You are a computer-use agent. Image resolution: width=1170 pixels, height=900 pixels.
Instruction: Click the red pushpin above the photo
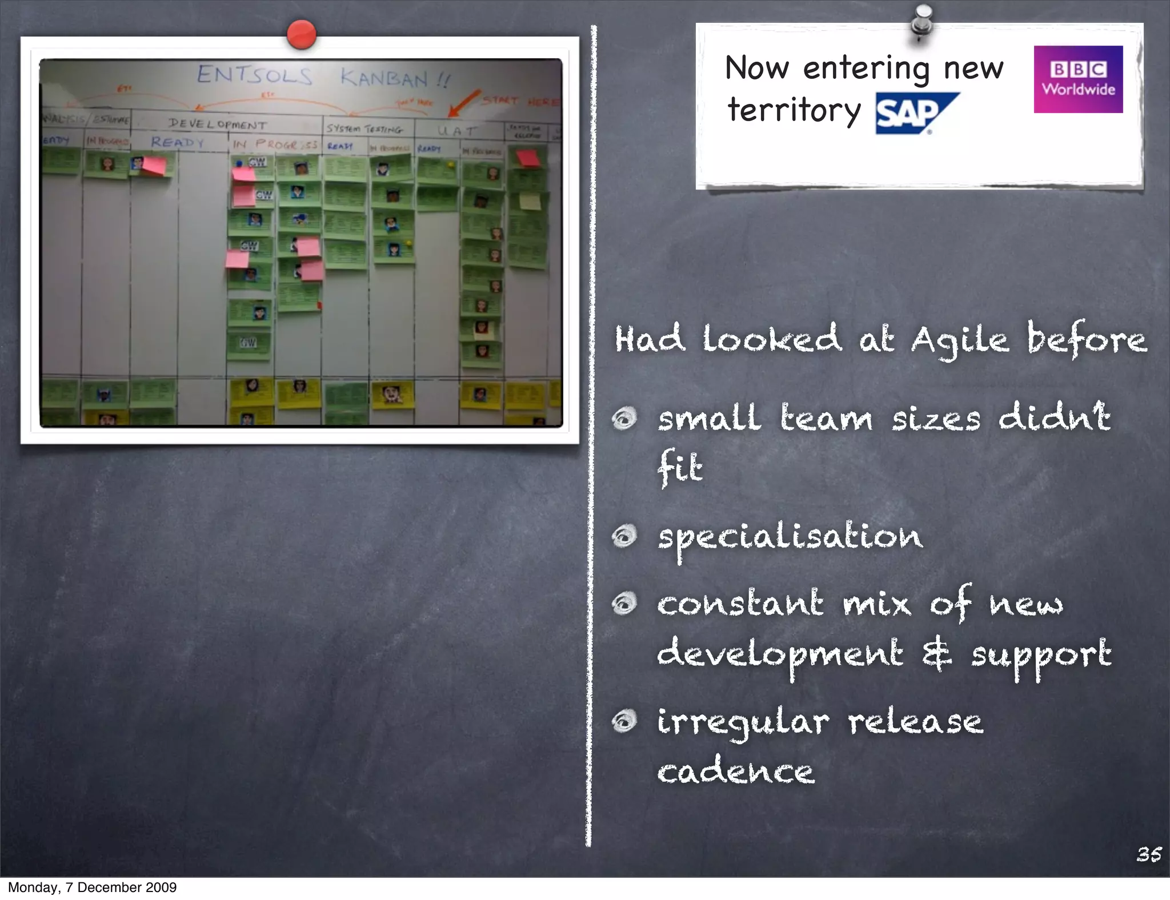pos(301,34)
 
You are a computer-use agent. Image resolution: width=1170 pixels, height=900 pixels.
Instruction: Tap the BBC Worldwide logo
pos(1078,79)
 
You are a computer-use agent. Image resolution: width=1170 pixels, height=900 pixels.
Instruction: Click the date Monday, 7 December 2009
pos(92,887)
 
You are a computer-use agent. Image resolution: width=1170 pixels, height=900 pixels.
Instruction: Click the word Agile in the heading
pos(960,340)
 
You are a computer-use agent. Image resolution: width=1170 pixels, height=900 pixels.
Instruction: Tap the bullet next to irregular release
pos(624,721)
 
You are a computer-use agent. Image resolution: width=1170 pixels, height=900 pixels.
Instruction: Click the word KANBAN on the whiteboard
pos(384,78)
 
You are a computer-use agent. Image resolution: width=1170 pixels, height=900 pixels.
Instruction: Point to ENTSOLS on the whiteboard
pos(255,75)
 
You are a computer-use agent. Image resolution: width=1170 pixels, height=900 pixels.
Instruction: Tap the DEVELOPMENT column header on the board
pos(217,124)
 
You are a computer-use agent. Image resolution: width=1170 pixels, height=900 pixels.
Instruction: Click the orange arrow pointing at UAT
pos(463,103)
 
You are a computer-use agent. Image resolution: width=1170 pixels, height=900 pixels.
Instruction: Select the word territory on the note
pos(794,111)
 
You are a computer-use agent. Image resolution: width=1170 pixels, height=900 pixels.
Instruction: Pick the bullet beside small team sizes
pos(624,419)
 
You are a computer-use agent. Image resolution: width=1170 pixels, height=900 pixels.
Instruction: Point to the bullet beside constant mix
pos(624,604)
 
